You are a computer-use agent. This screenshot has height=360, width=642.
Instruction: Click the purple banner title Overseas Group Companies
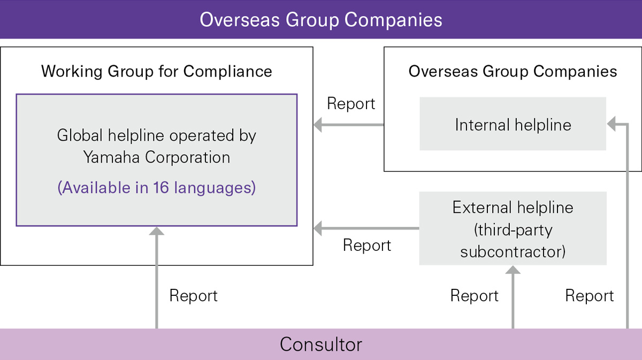321,19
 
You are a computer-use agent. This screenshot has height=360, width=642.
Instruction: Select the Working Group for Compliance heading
156,71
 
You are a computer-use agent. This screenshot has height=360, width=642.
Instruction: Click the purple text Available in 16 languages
156,188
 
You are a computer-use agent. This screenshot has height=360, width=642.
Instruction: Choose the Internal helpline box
513,125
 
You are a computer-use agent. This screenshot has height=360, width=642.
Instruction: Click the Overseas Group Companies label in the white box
513,71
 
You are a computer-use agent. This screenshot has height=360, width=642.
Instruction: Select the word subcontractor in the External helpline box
513,251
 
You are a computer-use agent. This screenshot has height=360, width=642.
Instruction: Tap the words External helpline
513,208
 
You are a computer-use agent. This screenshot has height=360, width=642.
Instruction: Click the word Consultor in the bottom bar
321,344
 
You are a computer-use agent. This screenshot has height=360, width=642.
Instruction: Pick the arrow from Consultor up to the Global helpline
156,278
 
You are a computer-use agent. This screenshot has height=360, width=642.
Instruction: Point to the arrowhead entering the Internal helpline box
612,125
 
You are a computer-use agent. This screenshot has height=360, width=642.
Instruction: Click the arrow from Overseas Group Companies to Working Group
348,125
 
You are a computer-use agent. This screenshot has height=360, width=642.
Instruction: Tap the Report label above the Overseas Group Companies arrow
351,104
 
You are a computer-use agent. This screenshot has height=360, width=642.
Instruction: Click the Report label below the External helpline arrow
367,246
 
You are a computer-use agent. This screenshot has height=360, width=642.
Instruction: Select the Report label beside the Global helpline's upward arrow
193,296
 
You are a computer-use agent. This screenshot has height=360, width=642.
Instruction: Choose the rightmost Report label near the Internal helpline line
589,296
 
